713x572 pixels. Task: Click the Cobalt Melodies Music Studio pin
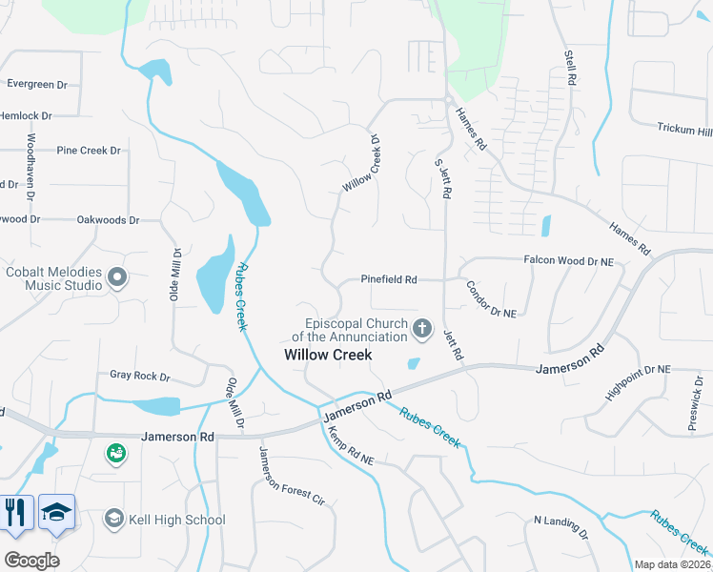pos(117,277)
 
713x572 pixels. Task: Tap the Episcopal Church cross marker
pos(422,330)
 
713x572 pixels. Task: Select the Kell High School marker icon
pos(113,519)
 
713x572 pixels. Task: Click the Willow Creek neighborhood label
pos(327,355)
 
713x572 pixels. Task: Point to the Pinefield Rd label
pos(389,279)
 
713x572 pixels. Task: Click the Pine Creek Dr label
pos(89,151)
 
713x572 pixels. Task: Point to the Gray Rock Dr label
pos(139,376)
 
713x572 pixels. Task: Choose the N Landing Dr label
pos(562,527)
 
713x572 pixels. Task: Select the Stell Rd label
pos(571,70)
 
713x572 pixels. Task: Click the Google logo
pos(31,560)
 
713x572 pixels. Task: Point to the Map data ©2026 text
pos(672,564)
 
